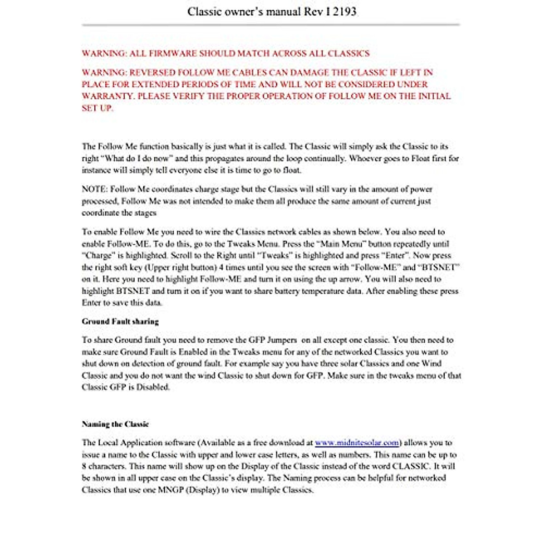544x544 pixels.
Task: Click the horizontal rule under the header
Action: [x=271, y=24]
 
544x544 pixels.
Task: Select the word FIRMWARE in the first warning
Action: [x=172, y=53]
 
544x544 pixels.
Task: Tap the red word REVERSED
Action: [x=152, y=73]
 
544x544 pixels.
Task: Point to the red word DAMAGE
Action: [x=310, y=73]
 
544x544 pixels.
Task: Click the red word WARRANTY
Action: [x=107, y=96]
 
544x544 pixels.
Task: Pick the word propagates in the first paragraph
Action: [x=231, y=159]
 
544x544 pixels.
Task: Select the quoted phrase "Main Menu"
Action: [x=338, y=244]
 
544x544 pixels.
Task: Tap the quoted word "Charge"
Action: [x=97, y=256]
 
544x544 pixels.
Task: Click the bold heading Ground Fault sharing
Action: [x=120, y=321]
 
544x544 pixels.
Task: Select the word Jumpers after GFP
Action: [x=282, y=340]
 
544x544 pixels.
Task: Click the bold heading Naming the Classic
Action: [x=115, y=424]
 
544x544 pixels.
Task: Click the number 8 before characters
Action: [x=84, y=466]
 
